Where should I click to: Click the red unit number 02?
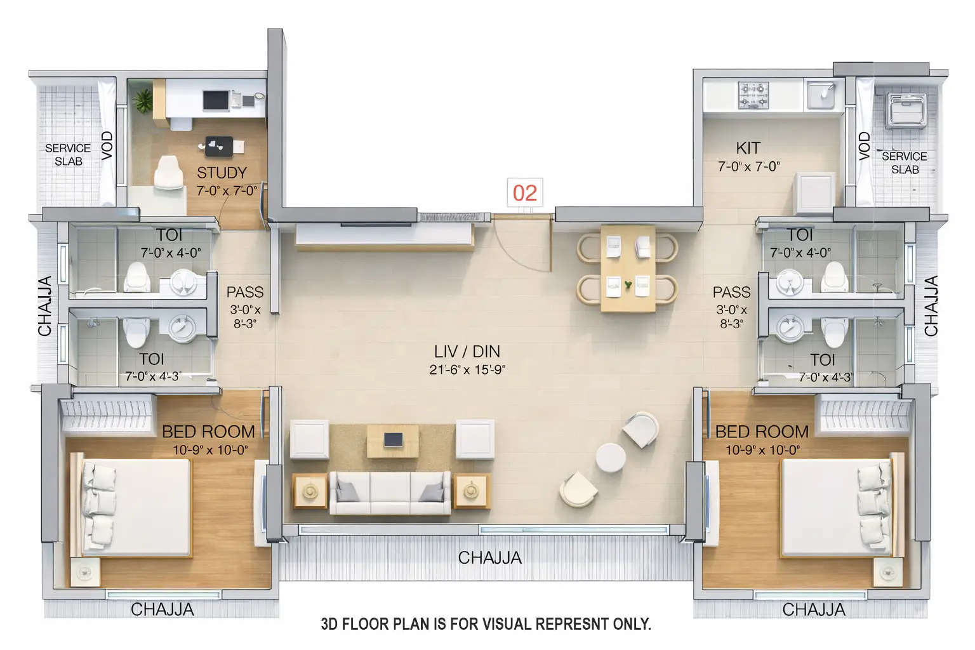tap(524, 193)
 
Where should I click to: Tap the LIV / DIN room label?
tap(467, 351)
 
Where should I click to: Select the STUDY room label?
tap(222, 173)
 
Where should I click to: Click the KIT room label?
tap(748, 149)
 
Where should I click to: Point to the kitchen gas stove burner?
tap(753, 95)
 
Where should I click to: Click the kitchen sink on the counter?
tap(821, 95)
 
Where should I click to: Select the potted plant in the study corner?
tap(143, 101)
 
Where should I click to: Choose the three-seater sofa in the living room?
tap(390, 493)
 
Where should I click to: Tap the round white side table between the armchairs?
tap(611, 458)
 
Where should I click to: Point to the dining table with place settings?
tap(628, 269)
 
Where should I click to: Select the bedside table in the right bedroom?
tap(887, 572)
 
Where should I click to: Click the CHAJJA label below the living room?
tap(489, 557)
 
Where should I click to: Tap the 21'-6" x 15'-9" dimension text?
tap(467, 369)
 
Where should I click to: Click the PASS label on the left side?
tap(244, 292)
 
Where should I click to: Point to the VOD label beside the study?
tap(107, 145)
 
